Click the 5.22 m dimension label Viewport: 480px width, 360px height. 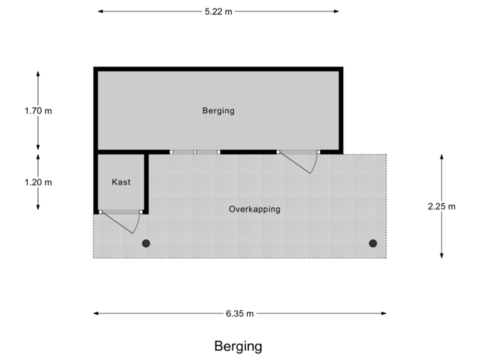click(218, 12)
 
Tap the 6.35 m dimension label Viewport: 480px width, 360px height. click(239, 313)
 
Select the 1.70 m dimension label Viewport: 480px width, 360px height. click(38, 111)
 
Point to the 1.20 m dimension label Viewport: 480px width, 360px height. click(38, 181)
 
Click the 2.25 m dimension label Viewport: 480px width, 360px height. click(441, 206)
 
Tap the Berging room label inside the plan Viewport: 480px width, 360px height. click(219, 111)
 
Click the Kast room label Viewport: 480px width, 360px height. click(121, 182)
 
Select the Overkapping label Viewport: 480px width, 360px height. click(254, 209)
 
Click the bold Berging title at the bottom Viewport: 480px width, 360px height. click(238, 346)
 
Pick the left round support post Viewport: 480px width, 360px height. click(146, 243)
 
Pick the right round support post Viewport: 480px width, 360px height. click(373, 243)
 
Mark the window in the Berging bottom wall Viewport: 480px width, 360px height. click(195, 152)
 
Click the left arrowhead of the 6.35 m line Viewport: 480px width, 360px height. click(95, 313)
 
